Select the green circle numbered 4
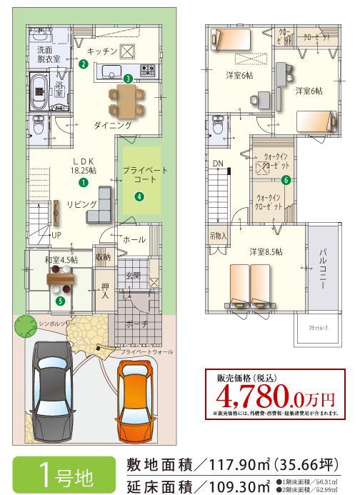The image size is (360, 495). click(139, 198)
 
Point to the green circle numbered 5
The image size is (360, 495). click(61, 301)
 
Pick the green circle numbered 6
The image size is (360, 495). click(286, 180)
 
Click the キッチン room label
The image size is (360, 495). click(101, 52)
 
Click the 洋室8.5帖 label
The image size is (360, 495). click(265, 251)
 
